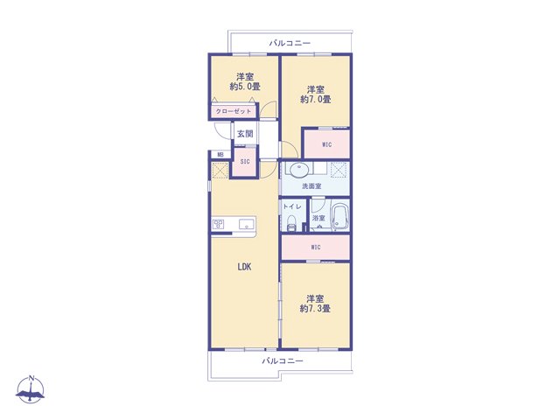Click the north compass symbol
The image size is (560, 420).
[31, 390]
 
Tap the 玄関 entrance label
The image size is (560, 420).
[245, 134]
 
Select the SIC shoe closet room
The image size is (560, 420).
[245, 162]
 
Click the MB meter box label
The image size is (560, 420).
[220, 155]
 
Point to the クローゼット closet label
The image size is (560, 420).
[234, 111]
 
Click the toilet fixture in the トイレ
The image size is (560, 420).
[291, 224]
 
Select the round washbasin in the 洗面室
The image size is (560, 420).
[297, 170]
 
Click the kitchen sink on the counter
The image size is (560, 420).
[247, 224]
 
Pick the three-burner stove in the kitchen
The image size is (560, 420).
[219, 224]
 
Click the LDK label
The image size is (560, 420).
[245, 267]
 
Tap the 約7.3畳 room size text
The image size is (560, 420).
[315, 309]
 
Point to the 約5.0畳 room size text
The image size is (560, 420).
[245, 87]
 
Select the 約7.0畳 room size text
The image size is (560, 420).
[315, 99]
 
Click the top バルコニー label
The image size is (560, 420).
[290, 43]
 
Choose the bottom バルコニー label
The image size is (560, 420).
[283, 361]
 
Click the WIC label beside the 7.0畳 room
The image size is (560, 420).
[326, 144]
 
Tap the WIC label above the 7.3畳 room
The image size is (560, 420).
[316, 247]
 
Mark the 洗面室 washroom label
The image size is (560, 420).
[311, 186]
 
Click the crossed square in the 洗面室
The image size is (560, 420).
[339, 170]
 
